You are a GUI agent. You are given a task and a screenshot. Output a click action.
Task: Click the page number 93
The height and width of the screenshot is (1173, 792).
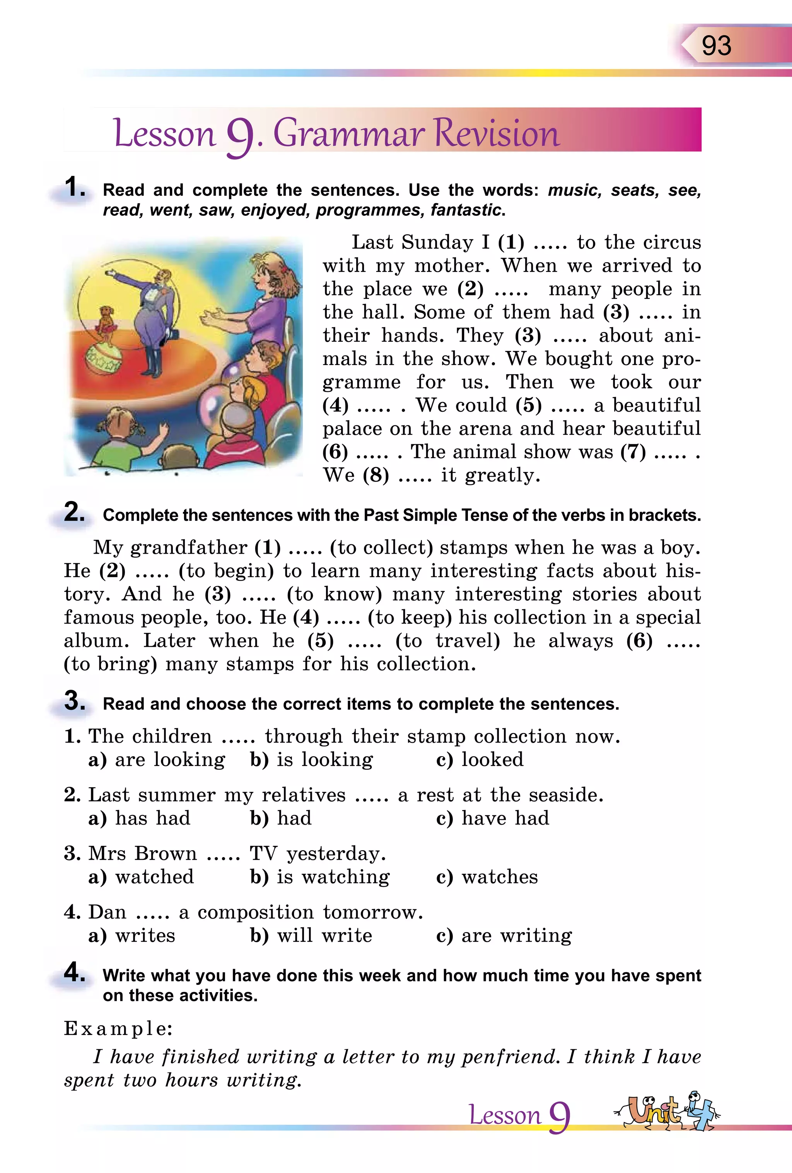point(716,45)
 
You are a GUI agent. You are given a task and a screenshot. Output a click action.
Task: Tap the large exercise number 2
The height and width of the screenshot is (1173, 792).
point(75,513)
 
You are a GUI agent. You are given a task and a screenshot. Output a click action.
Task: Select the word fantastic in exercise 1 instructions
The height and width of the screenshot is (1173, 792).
point(467,210)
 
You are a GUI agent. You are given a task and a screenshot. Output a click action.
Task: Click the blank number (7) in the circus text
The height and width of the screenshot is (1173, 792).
point(633,452)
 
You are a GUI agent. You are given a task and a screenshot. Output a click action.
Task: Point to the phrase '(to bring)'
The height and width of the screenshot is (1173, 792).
point(111,664)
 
